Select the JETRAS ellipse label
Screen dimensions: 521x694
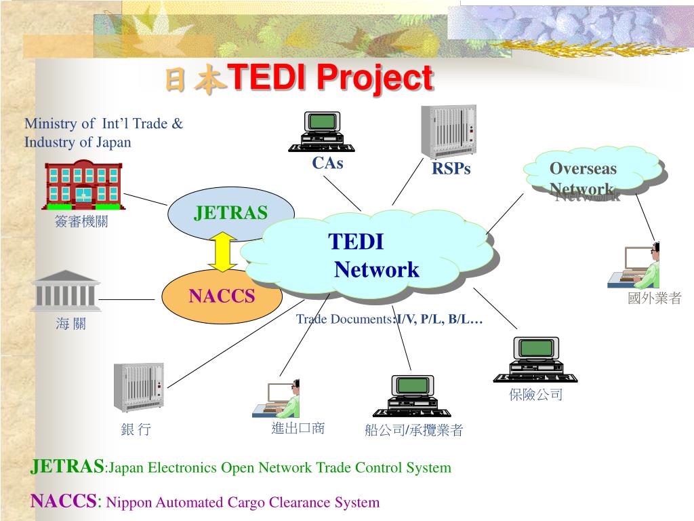(230, 213)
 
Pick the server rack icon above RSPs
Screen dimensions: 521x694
(449, 132)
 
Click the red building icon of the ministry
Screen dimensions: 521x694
(83, 185)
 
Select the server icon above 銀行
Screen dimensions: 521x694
(138, 387)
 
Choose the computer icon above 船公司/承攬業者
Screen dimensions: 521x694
(411, 395)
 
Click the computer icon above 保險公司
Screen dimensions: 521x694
(535, 360)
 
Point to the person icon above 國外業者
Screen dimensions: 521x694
(642, 266)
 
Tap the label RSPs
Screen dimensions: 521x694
(451, 169)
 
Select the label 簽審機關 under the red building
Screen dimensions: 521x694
(81, 221)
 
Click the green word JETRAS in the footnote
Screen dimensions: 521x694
(67, 467)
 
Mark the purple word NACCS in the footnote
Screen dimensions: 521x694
(64, 502)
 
